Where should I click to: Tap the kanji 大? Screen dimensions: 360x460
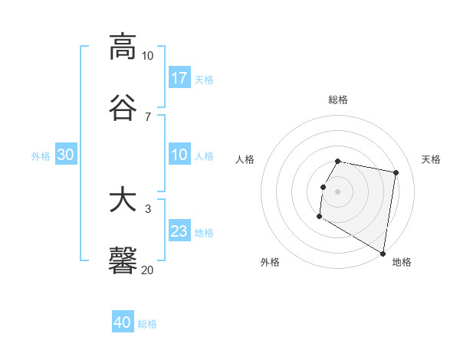coord(123,200)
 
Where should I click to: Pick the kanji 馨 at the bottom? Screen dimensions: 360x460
coord(123,260)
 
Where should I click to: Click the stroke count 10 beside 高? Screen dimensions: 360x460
coord(147,56)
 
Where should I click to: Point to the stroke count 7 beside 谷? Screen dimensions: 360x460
coord(148,116)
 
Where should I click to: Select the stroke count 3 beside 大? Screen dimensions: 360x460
coord(148,209)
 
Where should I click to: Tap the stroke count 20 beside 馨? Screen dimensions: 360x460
coord(147,270)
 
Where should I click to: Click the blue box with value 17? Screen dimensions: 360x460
coord(179,78)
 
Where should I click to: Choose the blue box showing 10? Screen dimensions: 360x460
coord(179,155)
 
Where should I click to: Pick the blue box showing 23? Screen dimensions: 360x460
coord(179,232)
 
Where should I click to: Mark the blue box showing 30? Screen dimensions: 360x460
coord(66,155)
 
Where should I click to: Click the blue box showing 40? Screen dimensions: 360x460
coord(123,322)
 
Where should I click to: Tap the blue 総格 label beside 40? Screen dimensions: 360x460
coord(147,324)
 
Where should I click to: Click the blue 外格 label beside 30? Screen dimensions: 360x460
coord(41,156)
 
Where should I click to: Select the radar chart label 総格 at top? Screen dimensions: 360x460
coord(338,100)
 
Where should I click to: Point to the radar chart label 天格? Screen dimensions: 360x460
coord(431,159)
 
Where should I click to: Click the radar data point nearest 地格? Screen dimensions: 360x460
coord(383,254)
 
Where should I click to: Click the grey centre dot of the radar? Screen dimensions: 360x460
coord(338,190)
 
